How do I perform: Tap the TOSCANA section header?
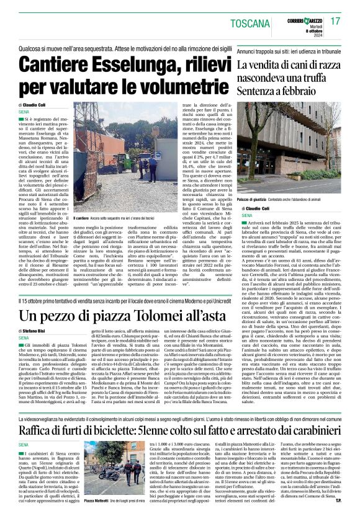pos(253,24)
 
